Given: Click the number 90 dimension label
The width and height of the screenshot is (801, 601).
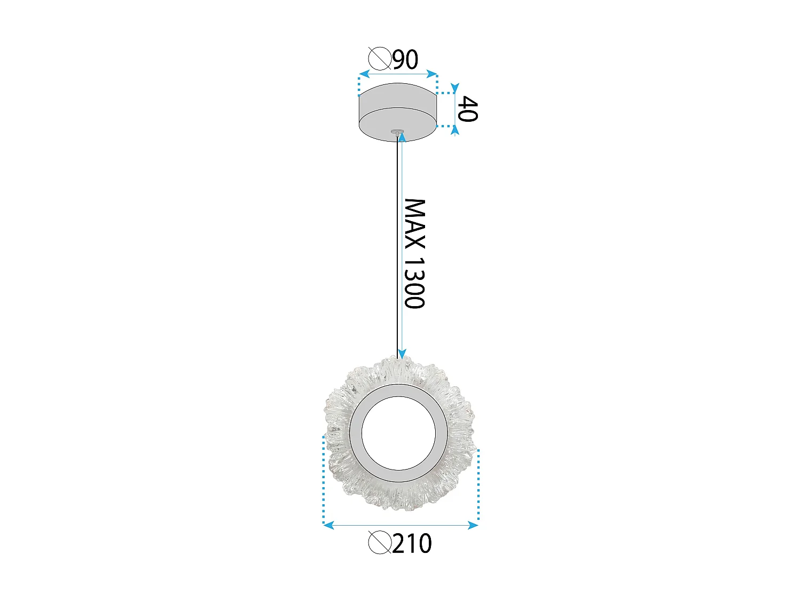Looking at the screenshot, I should pyautogui.click(x=405, y=59).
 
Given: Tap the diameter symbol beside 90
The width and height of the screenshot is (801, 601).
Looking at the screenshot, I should pyautogui.click(x=380, y=58).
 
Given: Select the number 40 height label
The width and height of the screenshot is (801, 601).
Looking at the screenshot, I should pyautogui.click(x=468, y=109).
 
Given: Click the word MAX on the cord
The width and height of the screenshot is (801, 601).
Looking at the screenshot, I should pyautogui.click(x=414, y=224).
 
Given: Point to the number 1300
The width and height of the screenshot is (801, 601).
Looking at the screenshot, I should pyautogui.click(x=414, y=283).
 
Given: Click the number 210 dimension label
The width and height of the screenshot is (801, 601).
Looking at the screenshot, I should pyautogui.click(x=412, y=544).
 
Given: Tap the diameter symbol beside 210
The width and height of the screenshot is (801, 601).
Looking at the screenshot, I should pyautogui.click(x=380, y=543).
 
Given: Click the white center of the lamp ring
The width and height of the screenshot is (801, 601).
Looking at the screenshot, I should pyautogui.click(x=399, y=433).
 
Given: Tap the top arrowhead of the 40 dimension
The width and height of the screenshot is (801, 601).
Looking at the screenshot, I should pyautogui.click(x=454, y=88).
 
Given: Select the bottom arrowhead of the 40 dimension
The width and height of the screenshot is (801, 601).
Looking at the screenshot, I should pyautogui.click(x=454, y=130).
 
